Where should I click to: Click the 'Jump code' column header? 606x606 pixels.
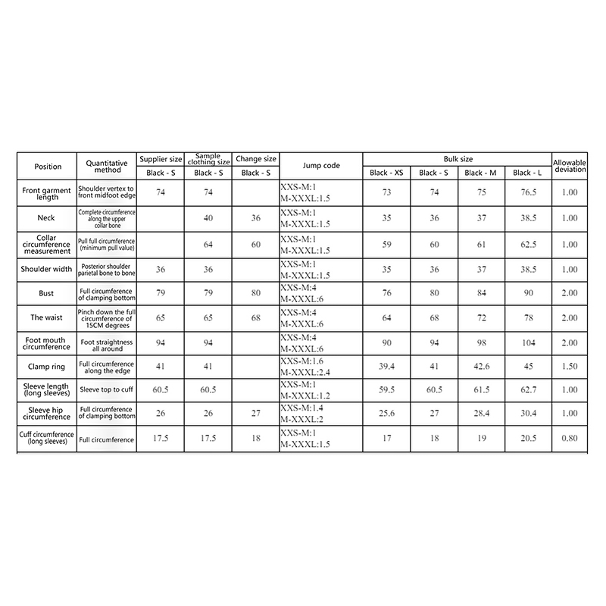point(320,165)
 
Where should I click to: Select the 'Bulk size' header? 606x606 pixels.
point(458,159)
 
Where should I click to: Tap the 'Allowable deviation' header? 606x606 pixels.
point(570,165)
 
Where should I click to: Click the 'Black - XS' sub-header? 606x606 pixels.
point(386,173)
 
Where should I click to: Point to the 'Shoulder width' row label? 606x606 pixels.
point(47,269)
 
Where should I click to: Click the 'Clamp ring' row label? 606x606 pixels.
point(47,367)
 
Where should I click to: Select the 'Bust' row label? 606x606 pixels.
point(47,293)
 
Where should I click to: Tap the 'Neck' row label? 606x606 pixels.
point(47,217)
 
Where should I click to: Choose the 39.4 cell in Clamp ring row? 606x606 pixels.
point(386,367)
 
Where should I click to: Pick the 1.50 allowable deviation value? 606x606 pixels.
point(570,367)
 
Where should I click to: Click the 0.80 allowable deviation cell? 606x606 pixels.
point(570,439)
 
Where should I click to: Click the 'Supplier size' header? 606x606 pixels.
point(161,159)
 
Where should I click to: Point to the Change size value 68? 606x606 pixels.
point(255,317)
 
